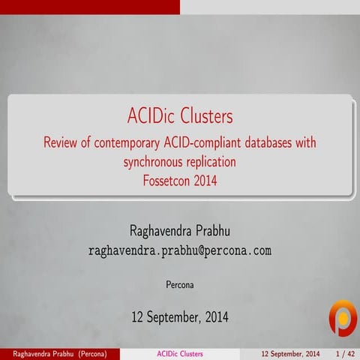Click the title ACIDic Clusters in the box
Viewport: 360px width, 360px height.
pos(180,117)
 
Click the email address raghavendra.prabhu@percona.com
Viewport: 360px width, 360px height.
pos(180,250)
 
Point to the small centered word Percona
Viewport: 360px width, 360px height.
pos(180,285)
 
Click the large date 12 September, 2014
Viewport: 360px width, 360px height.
pos(180,318)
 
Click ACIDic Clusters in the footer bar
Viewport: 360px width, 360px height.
pos(180,353)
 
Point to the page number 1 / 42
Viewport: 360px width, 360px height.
pos(344,353)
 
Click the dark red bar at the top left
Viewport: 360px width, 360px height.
pos(90,6)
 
